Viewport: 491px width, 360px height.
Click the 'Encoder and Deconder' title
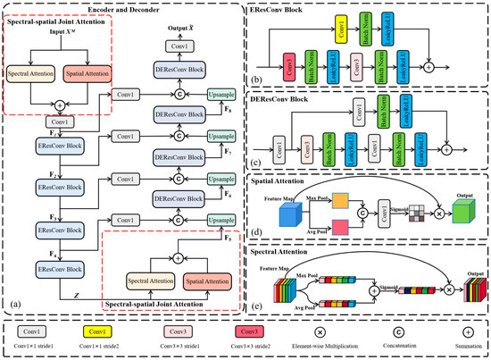124,7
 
